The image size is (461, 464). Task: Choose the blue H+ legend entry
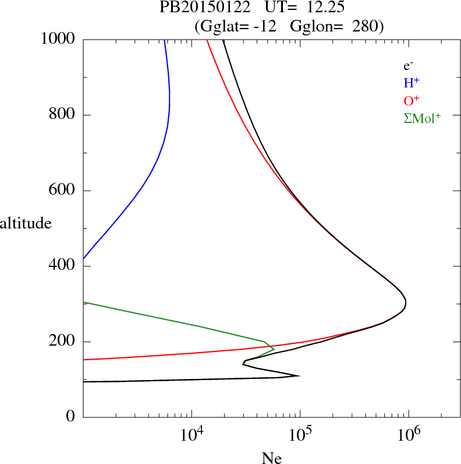411,83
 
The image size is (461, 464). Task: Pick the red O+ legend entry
412,100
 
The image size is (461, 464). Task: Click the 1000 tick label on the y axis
59,39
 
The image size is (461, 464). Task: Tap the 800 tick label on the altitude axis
62,115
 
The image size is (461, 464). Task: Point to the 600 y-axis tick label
62,191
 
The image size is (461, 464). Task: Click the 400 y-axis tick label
62,266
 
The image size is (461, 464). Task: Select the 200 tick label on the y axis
62,342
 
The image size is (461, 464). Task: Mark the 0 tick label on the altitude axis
72,417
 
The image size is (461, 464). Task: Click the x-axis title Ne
271,458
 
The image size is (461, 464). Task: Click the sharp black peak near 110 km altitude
299,375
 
